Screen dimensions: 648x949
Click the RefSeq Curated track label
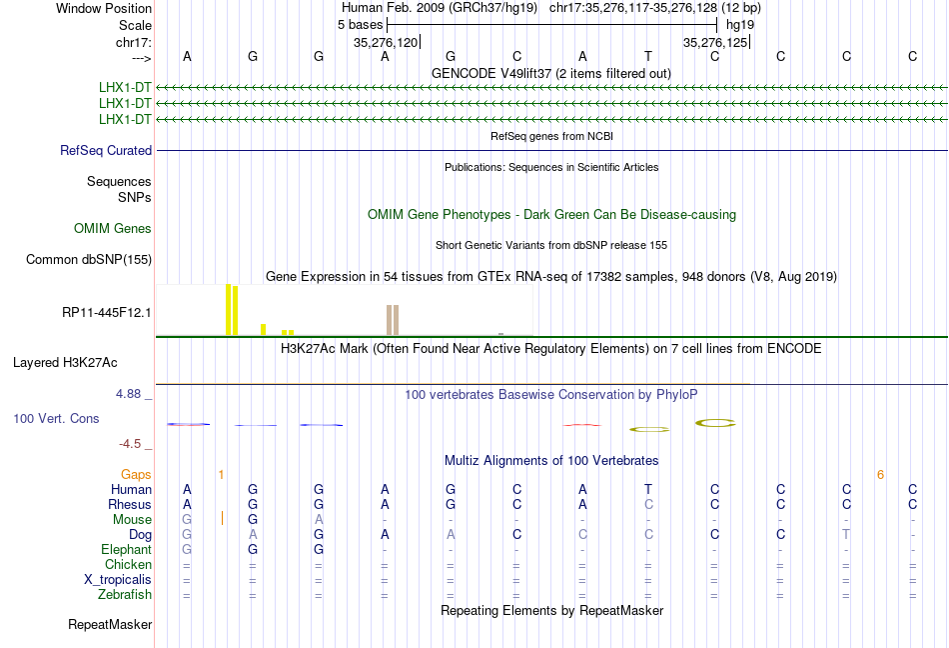pos(106,150)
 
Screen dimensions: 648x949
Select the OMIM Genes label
pos(113,228)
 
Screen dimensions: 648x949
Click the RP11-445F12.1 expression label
pos(106,312)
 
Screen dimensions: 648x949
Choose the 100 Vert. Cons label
pos(56,418)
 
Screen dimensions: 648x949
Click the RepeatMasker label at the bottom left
pos(110,625)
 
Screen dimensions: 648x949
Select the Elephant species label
pos(126,549)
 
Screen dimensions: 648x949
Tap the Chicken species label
pos(128,564)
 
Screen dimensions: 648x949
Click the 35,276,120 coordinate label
pos(386,43)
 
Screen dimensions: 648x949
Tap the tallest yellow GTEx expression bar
pos(229,309)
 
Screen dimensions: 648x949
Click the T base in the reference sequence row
pos(648,56)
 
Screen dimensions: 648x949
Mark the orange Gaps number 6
pos(880,474)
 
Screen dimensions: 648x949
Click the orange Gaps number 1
pos(221,474)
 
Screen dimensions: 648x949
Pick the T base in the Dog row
pos(846,534)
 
